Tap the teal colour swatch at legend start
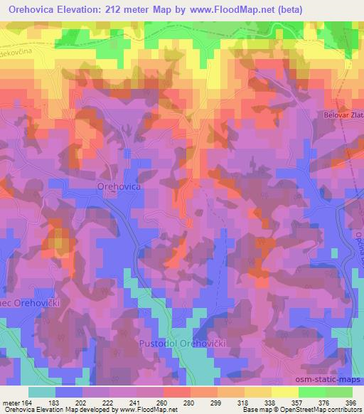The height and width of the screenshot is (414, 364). pyautogui.click(x=42, y=393)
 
